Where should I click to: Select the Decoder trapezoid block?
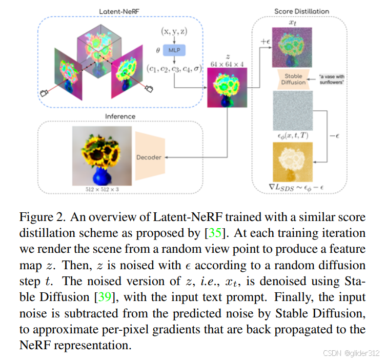149,157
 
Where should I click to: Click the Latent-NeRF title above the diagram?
121,11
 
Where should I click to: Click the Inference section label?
120,116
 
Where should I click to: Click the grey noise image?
294,110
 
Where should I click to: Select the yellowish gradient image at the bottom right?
294,161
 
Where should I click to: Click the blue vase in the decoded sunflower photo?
100,175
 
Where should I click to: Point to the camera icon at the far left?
44,93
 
